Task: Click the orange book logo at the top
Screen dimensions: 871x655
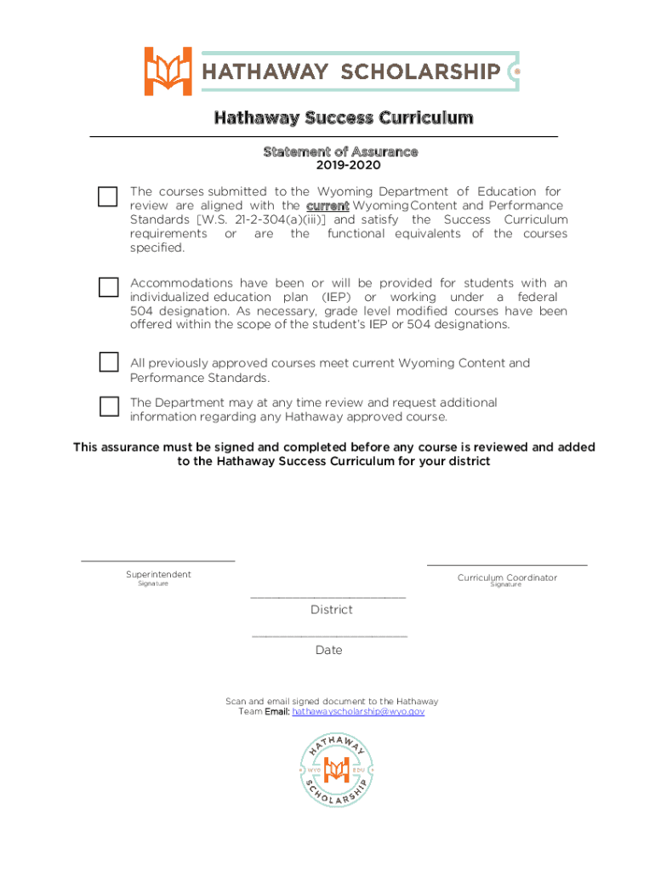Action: [x=168, y=71]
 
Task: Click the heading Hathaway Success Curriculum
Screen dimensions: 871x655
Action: [x=343, y=117]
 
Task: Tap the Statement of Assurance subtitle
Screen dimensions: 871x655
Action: [x=340, y=151]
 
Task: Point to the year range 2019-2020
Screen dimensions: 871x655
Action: [x=336, y=165]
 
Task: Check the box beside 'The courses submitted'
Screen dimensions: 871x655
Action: [x=107, y=196]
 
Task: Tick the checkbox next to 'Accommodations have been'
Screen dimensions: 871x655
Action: [x=108, y=287]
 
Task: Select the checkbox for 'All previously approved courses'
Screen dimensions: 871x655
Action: [x=108, y=361]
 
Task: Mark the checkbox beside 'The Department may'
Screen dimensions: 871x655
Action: [x=108, y=406]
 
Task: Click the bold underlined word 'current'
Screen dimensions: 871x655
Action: [x=327, y=206]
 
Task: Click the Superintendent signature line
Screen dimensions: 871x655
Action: [x=157, y=560]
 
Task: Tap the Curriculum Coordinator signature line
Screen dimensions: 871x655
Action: [x=506, y=564]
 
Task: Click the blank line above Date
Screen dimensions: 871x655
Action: [x=329, y=636]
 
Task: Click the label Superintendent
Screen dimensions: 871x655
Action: [x=158, y=574]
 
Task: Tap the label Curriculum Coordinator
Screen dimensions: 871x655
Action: [x=507, y=578]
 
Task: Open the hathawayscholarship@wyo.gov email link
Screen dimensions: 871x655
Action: [x=357, y=711]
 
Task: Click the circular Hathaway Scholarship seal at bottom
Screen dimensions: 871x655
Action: [x=337, y=771]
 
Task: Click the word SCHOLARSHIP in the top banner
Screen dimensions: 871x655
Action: [x=420, y=71]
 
